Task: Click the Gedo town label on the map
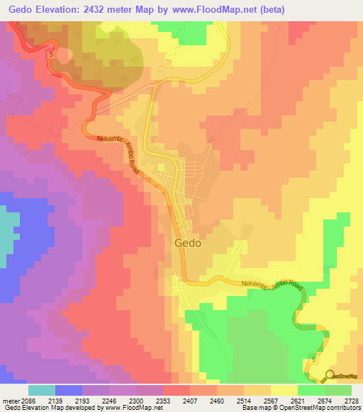coord(187,242)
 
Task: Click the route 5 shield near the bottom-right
coord(313,361)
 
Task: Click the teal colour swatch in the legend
coord(42,390)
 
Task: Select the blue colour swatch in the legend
coord(69,390)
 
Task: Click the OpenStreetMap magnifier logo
coord(330,376)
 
